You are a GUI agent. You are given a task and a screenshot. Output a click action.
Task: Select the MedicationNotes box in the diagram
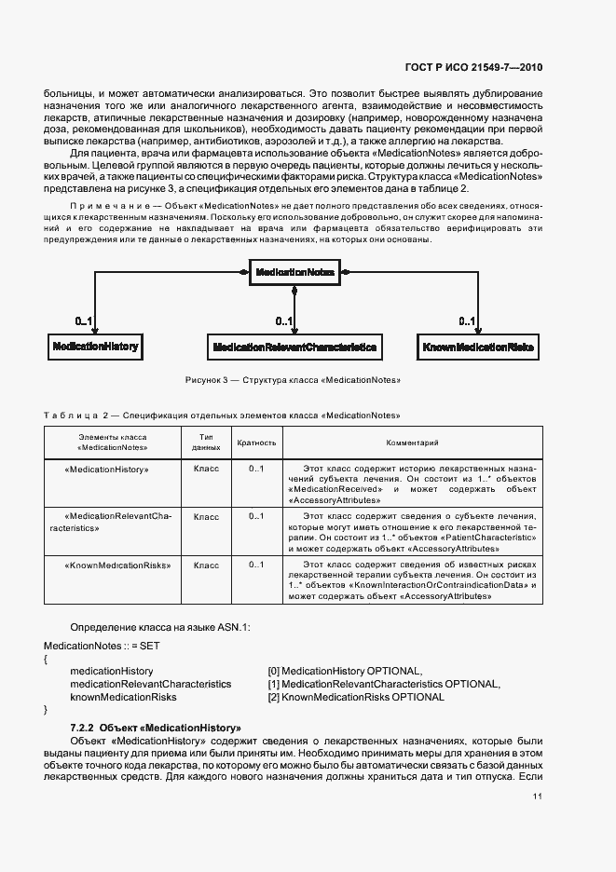pyautogui.click(x=294, y=271)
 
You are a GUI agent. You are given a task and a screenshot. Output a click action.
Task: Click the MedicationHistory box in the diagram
pyautogui.click(x=95, y=347)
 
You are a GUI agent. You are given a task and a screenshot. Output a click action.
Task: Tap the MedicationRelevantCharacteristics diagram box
pyautogui.click(x=294, y=347)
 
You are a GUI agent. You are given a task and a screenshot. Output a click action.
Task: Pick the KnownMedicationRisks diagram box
pyautogui.click(x=478, y=347)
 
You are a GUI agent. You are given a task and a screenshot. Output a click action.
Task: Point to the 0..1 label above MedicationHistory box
pyautogui.click(x=84, y=321)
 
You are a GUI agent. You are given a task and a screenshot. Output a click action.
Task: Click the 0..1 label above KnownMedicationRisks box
pyautogui.click(x=468, y=321)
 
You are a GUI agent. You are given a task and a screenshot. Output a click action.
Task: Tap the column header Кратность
pyautogui.click(x=256, y=443)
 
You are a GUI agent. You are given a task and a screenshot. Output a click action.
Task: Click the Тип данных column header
pyautogui.click(x=206, y=443)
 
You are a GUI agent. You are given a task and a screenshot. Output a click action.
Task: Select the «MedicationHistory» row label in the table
pyautogui.click(x=107, y=470)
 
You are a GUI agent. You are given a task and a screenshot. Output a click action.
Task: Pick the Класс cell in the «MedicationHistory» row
pyautogui.click(x=206, y=470)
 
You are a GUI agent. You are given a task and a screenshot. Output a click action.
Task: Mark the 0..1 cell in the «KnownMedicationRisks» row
pyautogui.click(x=256, y=565)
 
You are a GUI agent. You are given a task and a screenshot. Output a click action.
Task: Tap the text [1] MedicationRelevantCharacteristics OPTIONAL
pyautogui.click(x=383, y=684)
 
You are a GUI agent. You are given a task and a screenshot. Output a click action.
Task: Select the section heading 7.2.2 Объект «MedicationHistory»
pyautogui.click(x=156, y=727)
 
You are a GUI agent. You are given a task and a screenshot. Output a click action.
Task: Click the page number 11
pyautogui.click(x=538, y=797)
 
